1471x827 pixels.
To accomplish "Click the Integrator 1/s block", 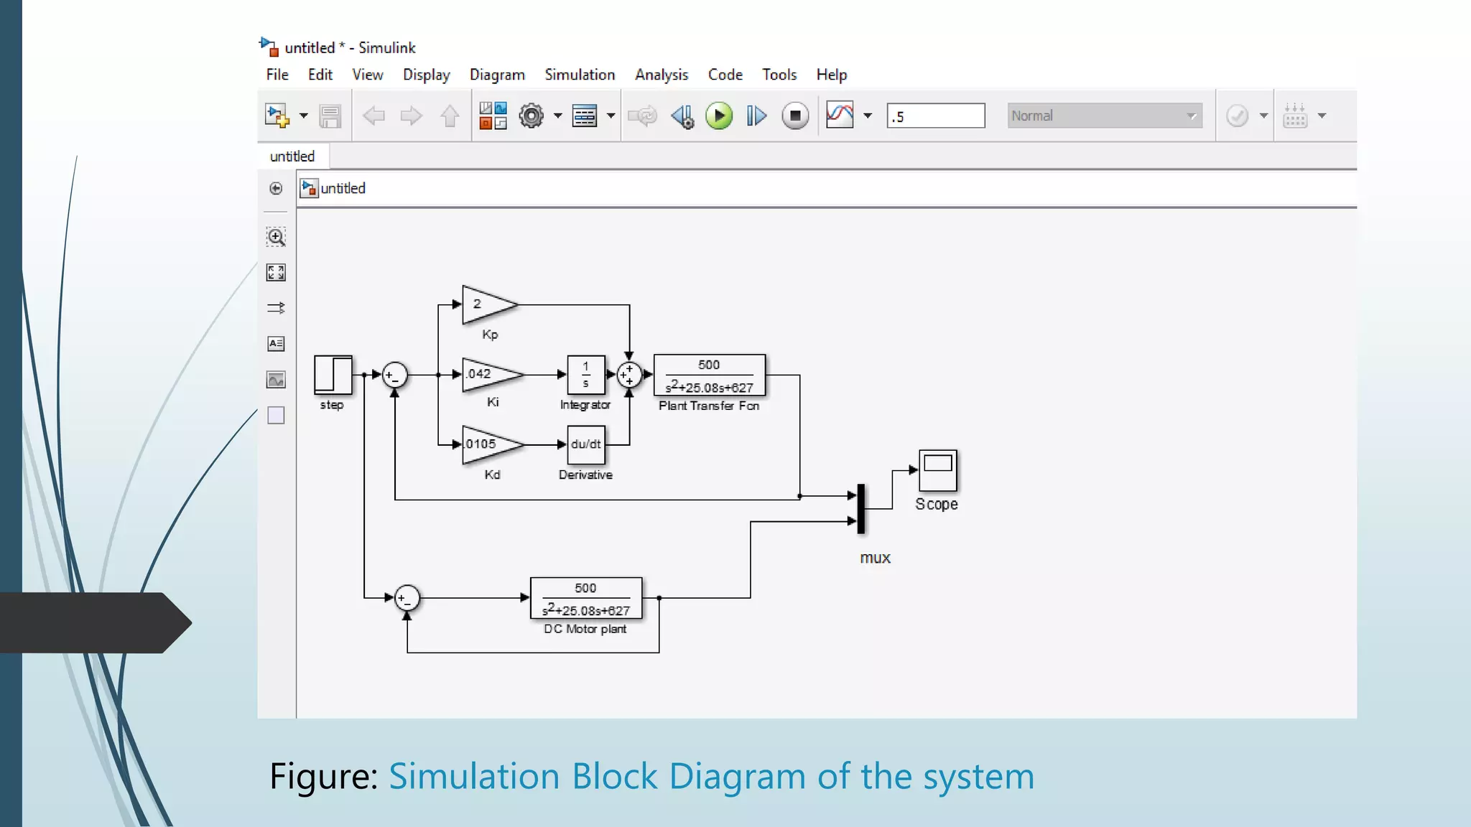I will coord(585,374).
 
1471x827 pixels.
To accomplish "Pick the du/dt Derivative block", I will coord(585,444).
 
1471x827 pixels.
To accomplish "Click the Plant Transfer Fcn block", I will coord(709,375).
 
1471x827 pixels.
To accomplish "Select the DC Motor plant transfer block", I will coord(585,598).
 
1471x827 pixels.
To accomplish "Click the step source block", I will coord(333,375).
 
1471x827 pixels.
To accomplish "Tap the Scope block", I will coord(937,470).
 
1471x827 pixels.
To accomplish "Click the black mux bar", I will coord(860,508).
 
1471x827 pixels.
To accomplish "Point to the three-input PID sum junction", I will coord(629,374).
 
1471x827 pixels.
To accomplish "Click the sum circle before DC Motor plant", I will coord(407,598).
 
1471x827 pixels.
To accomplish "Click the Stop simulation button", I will coord(794,116).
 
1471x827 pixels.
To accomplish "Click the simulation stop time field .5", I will coord(935,116).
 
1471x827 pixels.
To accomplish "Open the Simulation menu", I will coord(579,75).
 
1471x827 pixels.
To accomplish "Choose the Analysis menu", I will coord(661,75).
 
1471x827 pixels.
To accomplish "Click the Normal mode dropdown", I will coord(1104,116).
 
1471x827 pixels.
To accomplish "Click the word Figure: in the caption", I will coord(323,776).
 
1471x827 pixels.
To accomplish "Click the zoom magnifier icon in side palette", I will coord(276,237).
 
